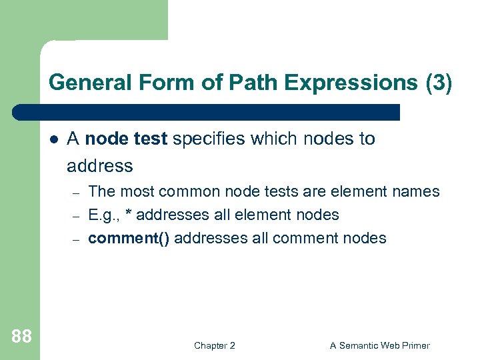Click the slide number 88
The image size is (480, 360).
click(x=21, y=337)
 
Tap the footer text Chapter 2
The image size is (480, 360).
click(x=214, y=345)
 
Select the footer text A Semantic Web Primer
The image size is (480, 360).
click(x=380, y=345)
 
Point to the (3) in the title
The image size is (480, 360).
click(x=438, y=83)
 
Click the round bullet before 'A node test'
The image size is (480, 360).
click(x=54, y=139)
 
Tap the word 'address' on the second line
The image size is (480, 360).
click(x=100, y=165)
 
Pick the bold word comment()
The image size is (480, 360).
click(x=129, y=238)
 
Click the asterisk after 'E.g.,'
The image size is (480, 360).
click(x=129, y=213)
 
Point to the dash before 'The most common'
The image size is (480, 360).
click(x=76, y=193)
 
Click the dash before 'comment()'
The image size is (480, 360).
click(x=76, y=239)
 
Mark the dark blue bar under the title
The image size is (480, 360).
click(x=207, y=112)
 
